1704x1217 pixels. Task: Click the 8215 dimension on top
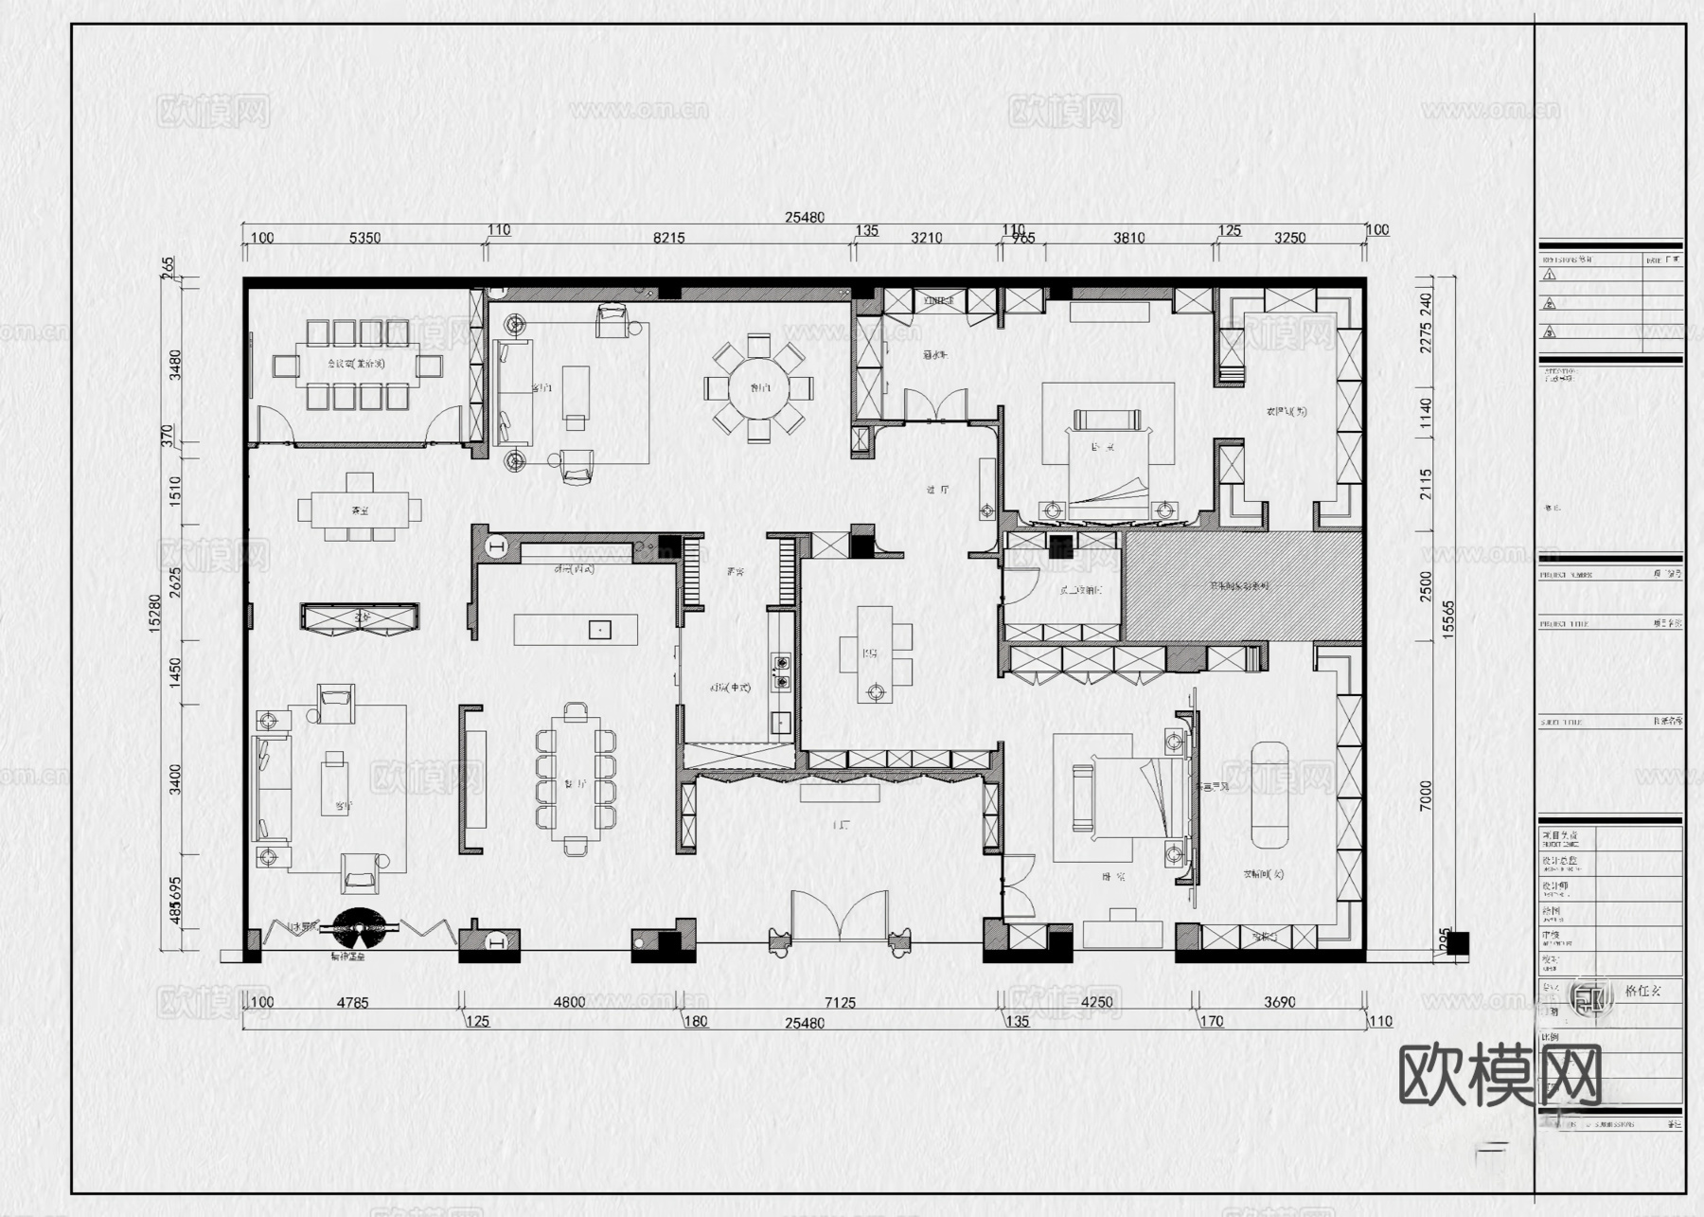point(668,238)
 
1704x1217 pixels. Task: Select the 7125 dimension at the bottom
point(840,1002)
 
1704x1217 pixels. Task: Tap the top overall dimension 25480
point(804,217)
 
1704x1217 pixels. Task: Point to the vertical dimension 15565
point(1447,620)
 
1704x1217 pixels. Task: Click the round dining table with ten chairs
point(758,387)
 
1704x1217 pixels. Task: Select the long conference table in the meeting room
point(357,365)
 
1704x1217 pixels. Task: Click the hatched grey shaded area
point(1242,586)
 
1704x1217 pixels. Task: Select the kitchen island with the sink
point(576,630)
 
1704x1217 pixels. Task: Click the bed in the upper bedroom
point(1109,464)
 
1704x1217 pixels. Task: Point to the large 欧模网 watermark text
point(1500,1075)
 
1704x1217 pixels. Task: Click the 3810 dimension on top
point(1128,238)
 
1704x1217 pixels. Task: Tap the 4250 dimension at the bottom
point(1096,1002)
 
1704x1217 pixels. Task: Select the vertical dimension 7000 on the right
point(1427,796)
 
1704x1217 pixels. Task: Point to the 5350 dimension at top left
point(364,238)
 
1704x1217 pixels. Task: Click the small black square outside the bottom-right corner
point(1457,943)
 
